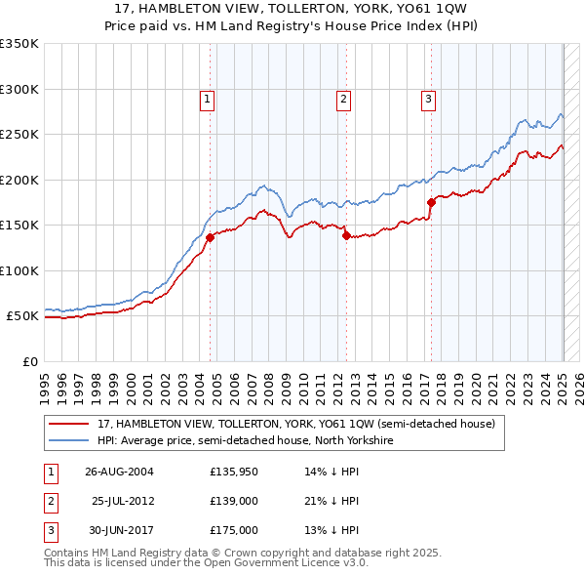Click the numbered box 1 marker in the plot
tap(209, 98)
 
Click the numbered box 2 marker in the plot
tap(344, 98)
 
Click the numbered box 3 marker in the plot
tap(429, 98)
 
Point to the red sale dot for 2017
tap(431, 202)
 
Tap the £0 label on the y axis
tap(29, 361)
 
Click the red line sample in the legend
tap(70, 424)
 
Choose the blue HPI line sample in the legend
tap(70, 440)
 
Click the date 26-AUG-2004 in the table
tap(119, 472)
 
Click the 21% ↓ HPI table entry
tap(331, 501)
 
